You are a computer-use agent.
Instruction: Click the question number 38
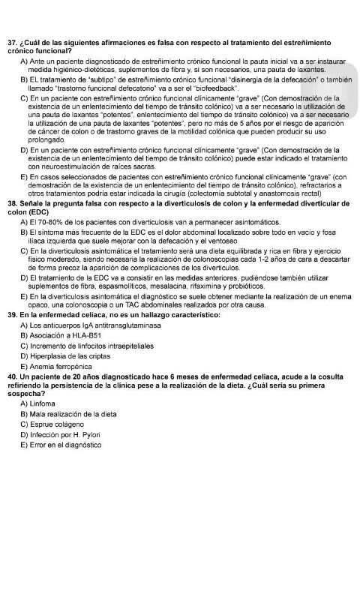(11, 203)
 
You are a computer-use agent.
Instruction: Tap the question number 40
(11, 374)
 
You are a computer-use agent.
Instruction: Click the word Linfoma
(49, 403)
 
